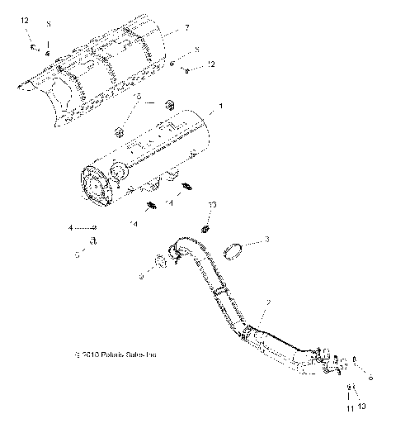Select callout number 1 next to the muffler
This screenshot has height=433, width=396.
(219, 107)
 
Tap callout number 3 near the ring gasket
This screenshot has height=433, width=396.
(266, 239)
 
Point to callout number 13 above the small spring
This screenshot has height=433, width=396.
(212, 204)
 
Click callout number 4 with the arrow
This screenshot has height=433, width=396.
(71, 227)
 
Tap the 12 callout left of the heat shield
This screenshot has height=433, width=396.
(24, 19)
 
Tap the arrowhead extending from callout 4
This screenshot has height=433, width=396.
(96, 226)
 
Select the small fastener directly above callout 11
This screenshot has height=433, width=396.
(350, 388)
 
